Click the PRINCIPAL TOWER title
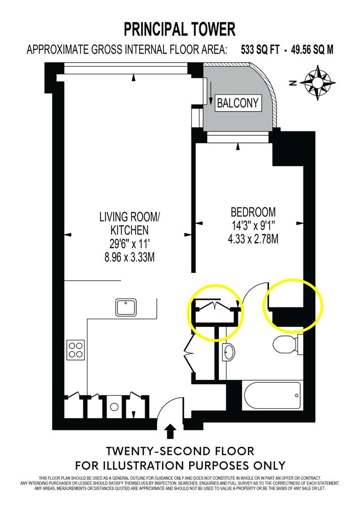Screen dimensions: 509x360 180,29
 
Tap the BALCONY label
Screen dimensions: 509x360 238,103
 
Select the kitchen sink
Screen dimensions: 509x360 126,307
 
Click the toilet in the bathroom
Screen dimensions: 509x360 286,345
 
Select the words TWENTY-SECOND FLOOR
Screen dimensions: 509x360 180,451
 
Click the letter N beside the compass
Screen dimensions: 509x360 293,83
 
